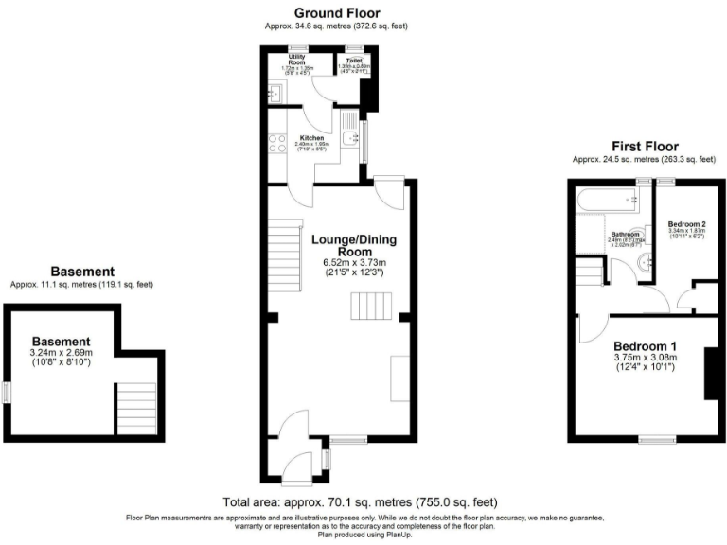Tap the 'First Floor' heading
(x=644, y=146)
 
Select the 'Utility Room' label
(x=301, y=61)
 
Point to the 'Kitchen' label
(x=311, y=137)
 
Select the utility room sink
(x=275, y=94)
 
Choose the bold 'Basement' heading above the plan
(x=82, y=271)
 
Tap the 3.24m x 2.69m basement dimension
(x=61, y=356)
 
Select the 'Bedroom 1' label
(x=645, y=345)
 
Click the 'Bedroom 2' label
(x=686, y=224)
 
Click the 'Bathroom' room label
(x=626, y=234)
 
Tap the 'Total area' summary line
(x=360, y=501)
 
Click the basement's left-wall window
(x=7, y=392)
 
